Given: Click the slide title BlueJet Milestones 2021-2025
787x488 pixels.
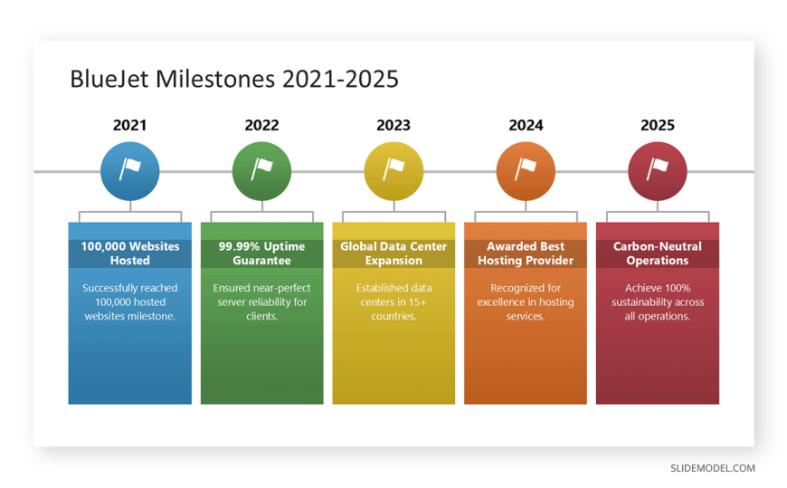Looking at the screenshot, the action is (x=234, y=79).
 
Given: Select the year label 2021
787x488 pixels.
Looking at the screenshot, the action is (x=129, y=125).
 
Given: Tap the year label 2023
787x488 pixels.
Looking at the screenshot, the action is (x=393, y=125).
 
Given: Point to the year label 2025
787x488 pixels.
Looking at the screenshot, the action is (x=658, y=125).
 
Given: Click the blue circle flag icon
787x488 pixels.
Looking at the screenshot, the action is (x=130, y=171).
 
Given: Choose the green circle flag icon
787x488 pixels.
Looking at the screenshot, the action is (x=261, y=171).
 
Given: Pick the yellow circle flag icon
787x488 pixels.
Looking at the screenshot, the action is (x=393, y=171).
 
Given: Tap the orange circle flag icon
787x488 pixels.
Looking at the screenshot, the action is (x=526, y=171).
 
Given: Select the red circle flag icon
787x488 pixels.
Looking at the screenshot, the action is (x=658, y=171).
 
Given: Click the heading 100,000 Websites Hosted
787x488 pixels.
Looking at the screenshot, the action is (x=130, y=254).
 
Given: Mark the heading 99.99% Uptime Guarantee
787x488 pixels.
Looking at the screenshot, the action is (x=261, y=254).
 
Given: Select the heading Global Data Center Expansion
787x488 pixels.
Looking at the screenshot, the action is (x=393, y=254).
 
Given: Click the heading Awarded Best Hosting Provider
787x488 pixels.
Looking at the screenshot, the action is (x=526, y=254).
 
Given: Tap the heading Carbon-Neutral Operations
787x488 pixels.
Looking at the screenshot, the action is (x=658, y=254).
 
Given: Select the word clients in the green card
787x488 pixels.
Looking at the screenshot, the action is (x=261, y=316).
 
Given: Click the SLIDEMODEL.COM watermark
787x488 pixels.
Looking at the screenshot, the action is (x=713, y=468).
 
